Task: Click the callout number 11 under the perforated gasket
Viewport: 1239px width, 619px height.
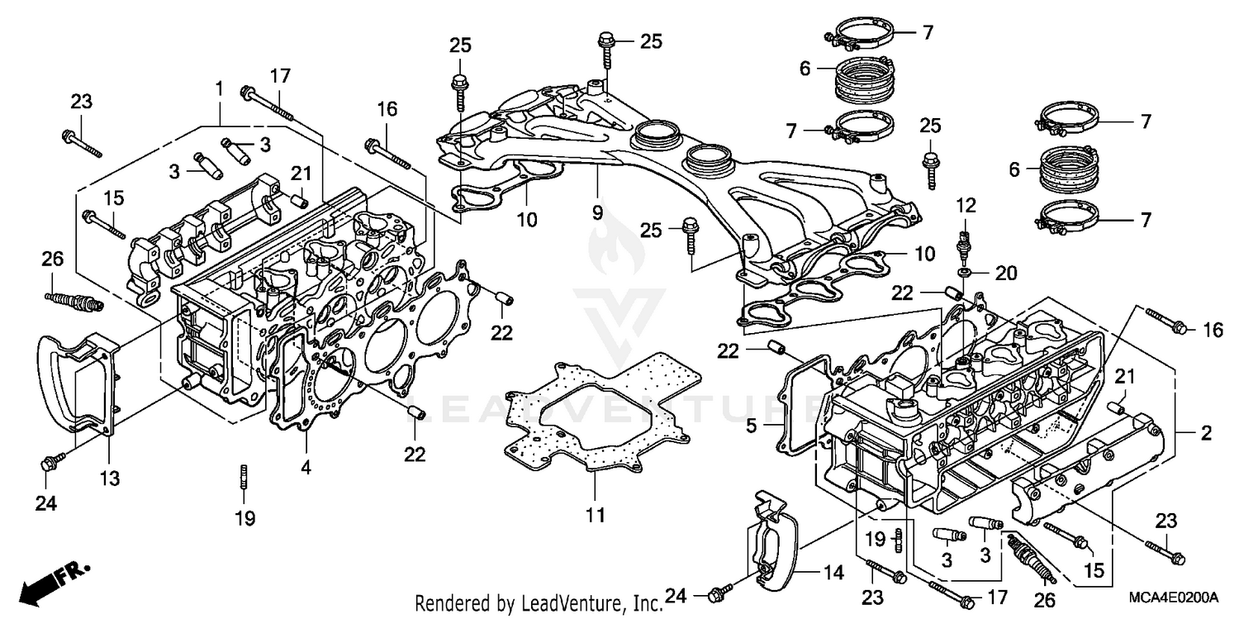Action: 596,515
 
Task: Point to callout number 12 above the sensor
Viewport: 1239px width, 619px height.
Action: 966,203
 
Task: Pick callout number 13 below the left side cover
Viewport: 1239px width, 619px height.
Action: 110,478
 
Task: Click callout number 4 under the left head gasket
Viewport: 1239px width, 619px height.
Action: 306,467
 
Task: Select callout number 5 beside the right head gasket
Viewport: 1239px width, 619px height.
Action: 752,426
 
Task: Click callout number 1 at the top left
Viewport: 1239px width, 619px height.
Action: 219,86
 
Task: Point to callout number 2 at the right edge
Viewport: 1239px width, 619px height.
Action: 1206,432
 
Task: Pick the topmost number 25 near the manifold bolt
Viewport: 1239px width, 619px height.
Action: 650,40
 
